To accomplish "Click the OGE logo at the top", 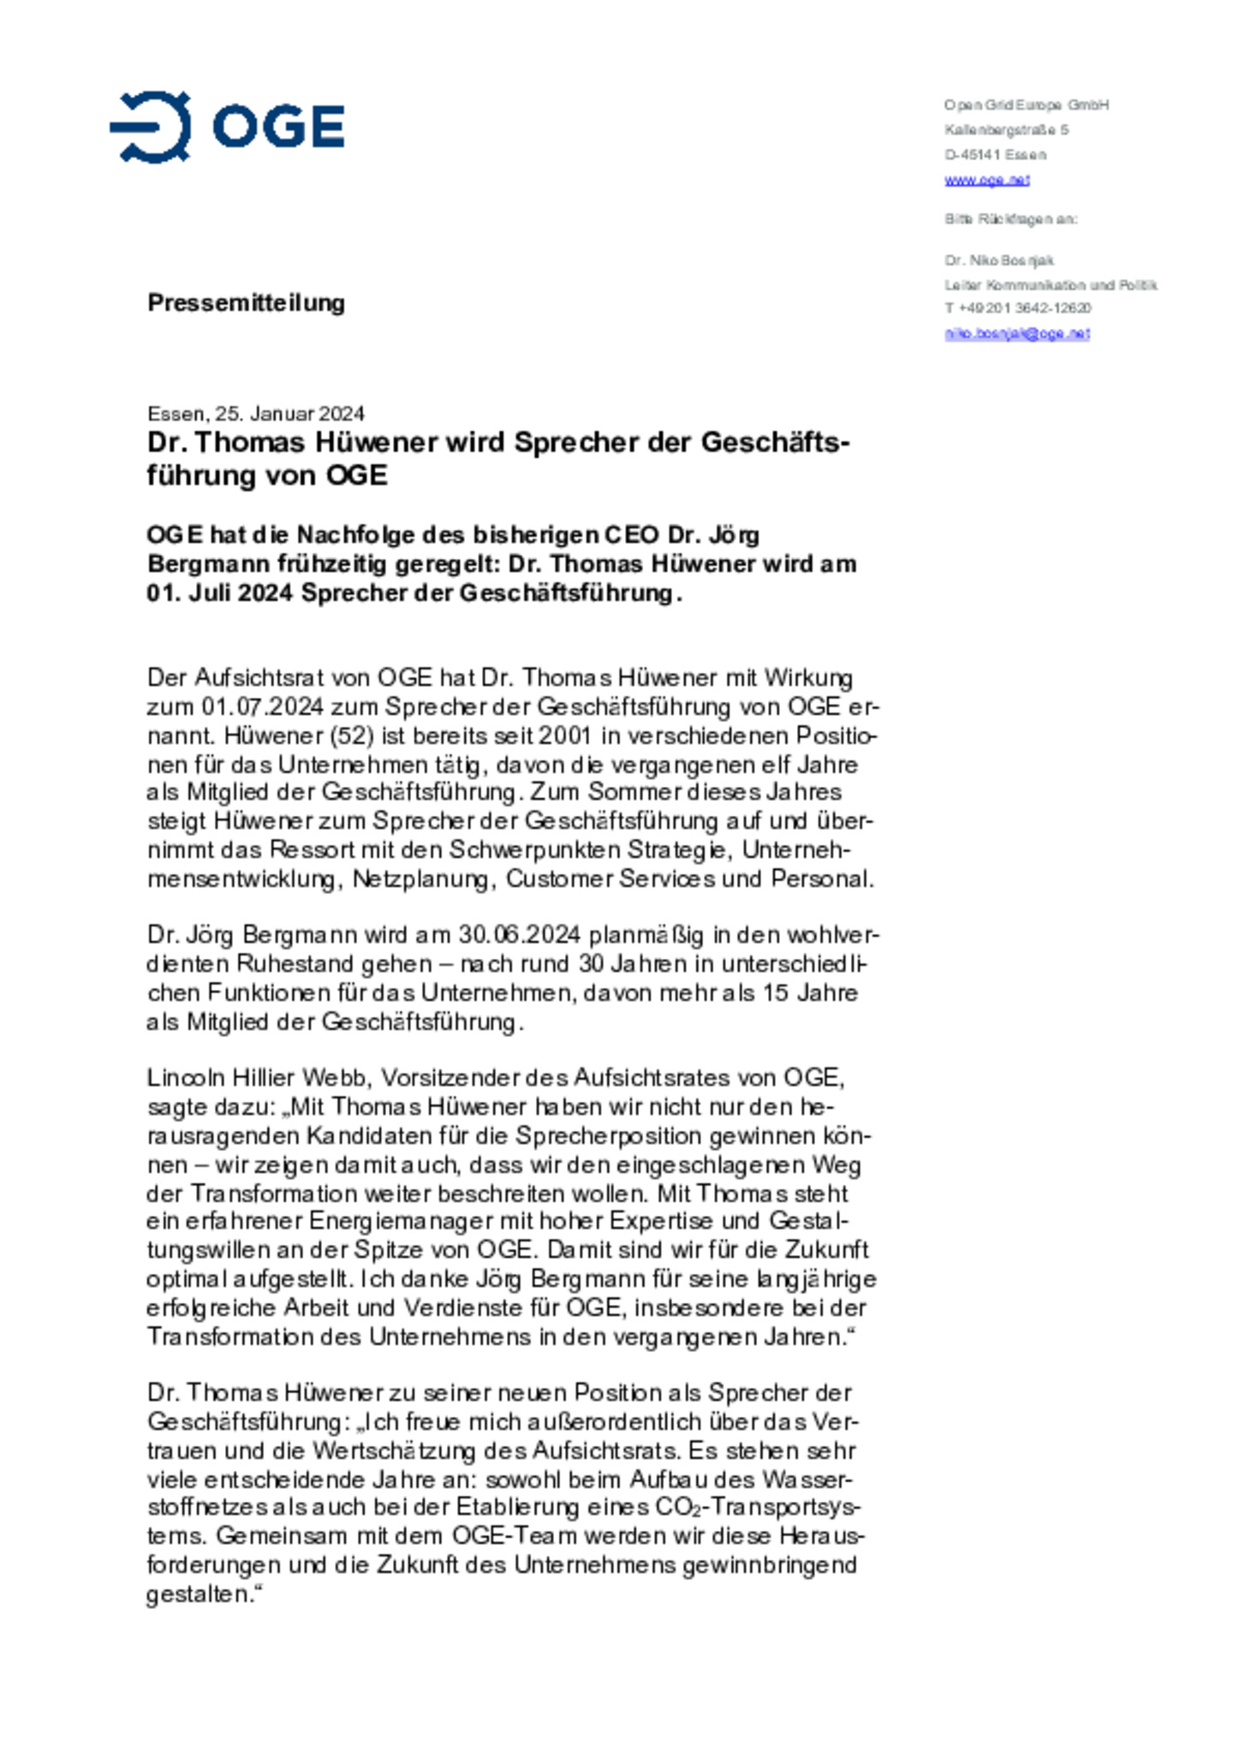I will coord(227,127).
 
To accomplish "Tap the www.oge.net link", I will coord(986,180).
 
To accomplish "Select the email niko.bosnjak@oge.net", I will coord(1016,333).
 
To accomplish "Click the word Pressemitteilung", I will coord(246,302).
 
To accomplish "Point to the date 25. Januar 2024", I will coord(289,414).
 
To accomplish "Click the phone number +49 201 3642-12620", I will coord(1024,308).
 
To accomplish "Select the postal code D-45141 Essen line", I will coord(995,155).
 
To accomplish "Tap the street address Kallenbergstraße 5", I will coord(1006,130).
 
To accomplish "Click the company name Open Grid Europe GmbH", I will coord(1027,105).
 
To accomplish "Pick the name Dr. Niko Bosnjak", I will coord(999,260).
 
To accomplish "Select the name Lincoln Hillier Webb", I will coord(257,1077).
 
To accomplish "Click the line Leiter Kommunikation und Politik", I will coord(1051,285).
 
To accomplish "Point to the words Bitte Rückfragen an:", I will coord(1010,219).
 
